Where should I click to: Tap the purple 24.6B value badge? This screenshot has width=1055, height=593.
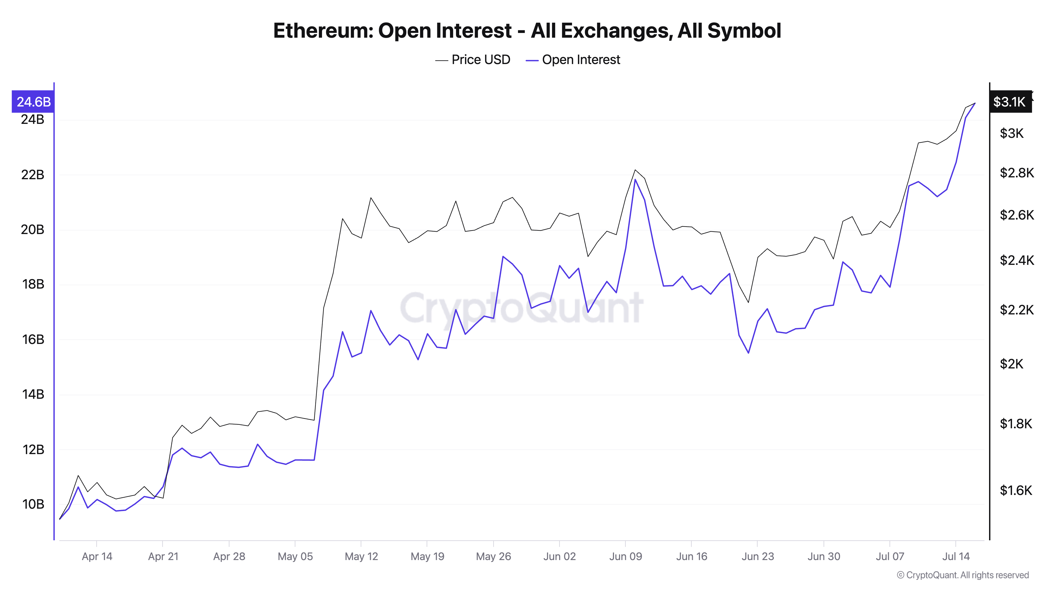(x=33, y=101)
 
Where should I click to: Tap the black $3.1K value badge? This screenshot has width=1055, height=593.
(x=1010, y=101)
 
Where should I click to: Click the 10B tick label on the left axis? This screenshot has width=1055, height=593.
(x=32, y=504)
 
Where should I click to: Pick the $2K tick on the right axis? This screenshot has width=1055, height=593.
(x=1011, y=364)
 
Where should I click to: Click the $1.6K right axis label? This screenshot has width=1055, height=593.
(x=1016, y=490)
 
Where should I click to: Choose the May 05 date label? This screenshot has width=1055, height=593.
(x=295, y=557)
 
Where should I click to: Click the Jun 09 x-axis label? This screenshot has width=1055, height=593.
(x=625, y=557)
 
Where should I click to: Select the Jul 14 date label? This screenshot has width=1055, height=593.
(x=956, y=557)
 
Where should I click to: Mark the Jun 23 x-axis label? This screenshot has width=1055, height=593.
(x=758, y=557)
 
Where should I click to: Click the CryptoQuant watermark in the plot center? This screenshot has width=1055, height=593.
(x=521, y=308)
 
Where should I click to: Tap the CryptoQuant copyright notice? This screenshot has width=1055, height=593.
(x=962, y=575)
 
